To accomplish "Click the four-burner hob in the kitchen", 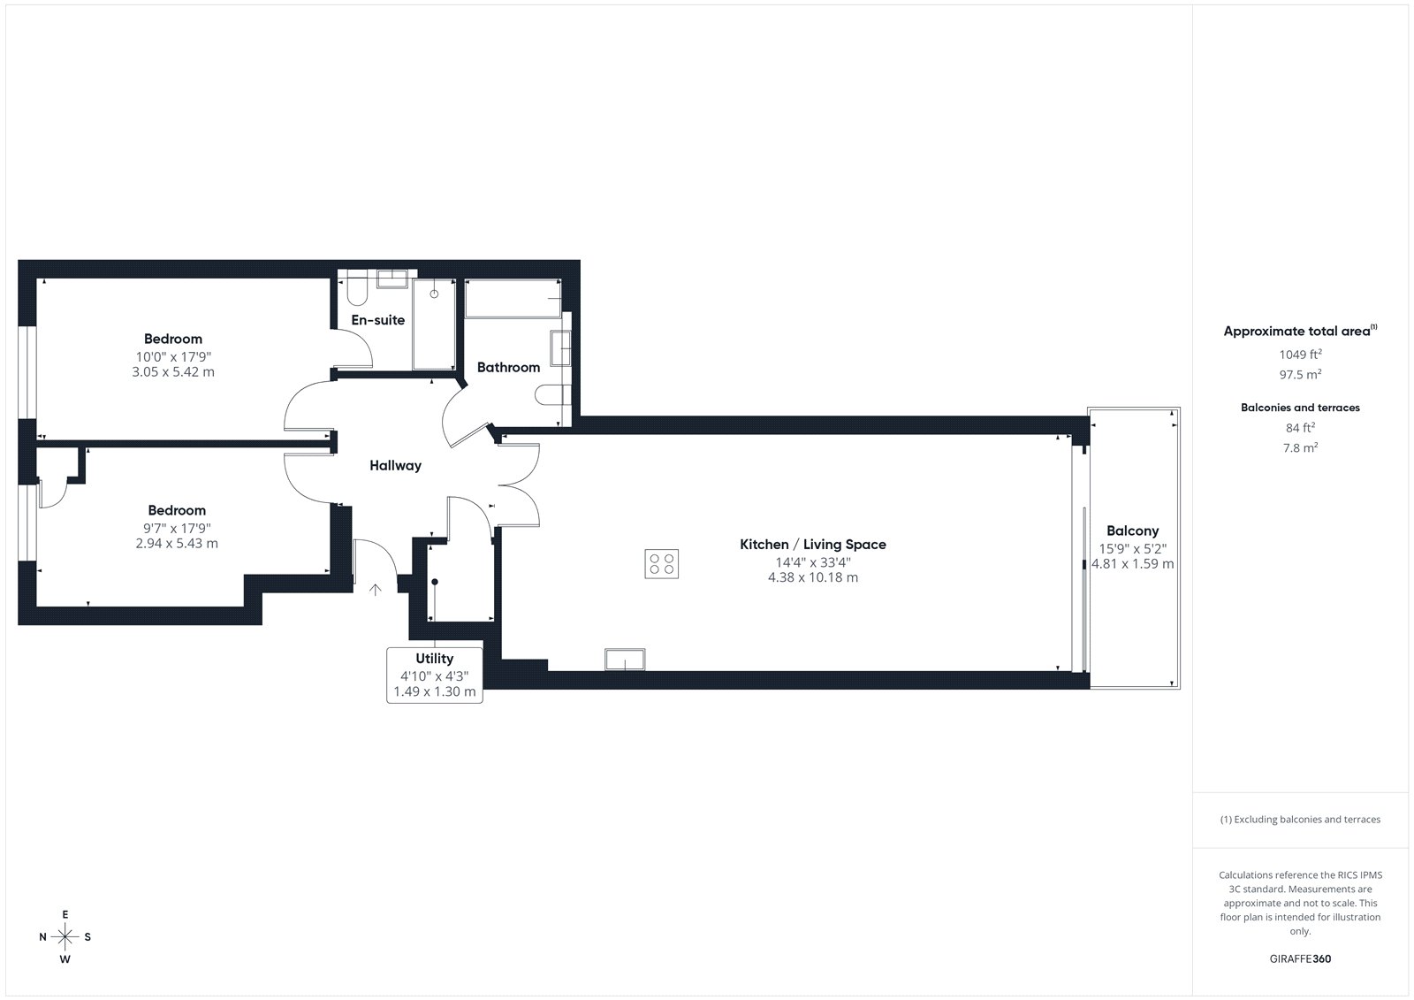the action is coord(661,563).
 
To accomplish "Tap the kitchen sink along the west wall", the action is coord(625,659).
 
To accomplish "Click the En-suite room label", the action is coord(378,320).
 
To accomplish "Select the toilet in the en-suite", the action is coord(357,292).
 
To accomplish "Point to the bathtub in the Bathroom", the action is coord(513,298).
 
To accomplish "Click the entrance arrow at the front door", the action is coord(375,590).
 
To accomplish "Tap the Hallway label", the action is coord(395,466).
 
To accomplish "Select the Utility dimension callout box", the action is coord(434,676).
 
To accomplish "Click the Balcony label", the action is coord(1132,531).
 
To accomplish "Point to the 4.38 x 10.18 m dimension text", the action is coord(813,577).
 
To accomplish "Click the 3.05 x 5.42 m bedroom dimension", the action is coord(173,372).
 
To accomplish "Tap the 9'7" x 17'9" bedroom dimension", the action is coord(177,528).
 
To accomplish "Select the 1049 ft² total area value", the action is coord(1300,354).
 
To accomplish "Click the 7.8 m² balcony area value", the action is coord(1300,447).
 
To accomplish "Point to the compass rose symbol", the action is coord(65,937).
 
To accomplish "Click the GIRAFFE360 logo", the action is coord(1300,958).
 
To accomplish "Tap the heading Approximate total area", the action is coord(1300,331).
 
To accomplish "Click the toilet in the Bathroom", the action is coord(553,395).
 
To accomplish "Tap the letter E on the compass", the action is coord(65,914).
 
